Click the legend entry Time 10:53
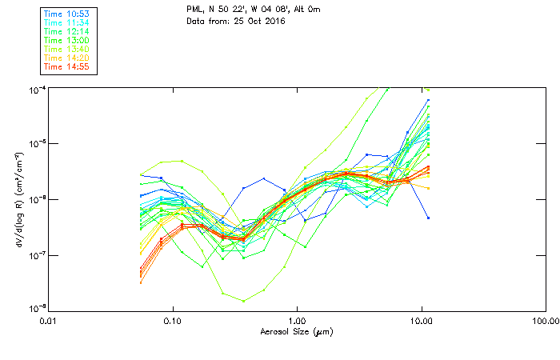point(67,14)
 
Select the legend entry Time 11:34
point(67,22)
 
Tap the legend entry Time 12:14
point(67,31)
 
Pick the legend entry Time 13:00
point(67,40)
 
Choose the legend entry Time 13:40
point(67,49)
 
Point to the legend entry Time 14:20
point(67,58)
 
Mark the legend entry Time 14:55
point(67,66)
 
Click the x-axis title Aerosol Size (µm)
point(297,331)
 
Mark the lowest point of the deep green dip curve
point(242,301)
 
